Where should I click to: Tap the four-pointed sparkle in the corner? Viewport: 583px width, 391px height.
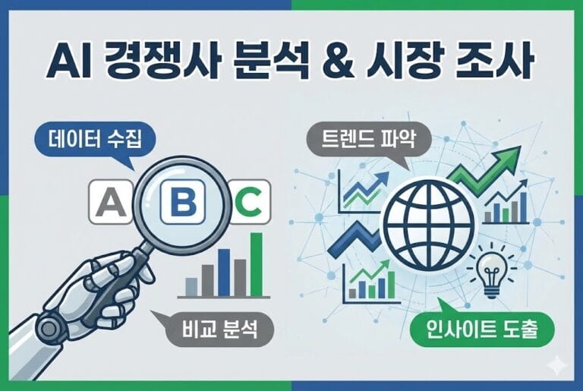tap(560, 365)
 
